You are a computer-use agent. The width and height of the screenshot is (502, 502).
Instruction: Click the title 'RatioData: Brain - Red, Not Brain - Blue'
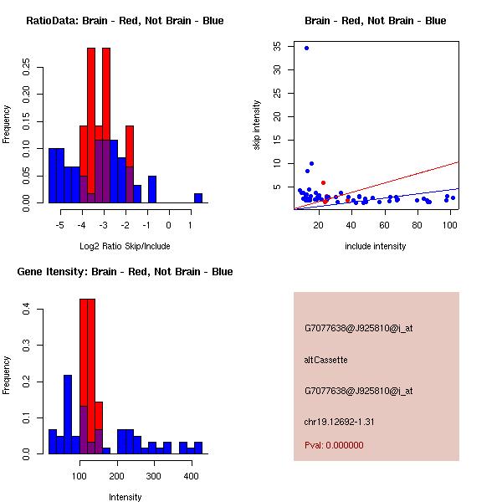(x=125, y=21)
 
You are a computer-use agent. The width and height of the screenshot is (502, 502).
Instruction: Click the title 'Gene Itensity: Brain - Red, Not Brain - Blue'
(x=125, y=272)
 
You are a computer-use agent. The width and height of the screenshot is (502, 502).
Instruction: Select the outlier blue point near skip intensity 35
(x=306, y=49)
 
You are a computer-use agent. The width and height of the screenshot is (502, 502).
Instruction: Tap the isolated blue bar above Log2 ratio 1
(x=198, y=198)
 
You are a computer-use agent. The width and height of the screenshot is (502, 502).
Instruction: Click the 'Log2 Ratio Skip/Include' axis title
(x=125, y=246)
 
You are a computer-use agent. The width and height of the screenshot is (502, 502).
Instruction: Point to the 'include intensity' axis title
(x=376, y=246)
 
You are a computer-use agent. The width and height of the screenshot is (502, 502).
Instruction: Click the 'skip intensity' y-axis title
(x=258, y=125)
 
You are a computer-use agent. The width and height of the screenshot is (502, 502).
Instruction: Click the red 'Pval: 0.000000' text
(x=334, y=445)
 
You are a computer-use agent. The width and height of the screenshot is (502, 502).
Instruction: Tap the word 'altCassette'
(x=325, y=360)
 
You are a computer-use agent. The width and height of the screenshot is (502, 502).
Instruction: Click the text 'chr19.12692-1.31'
(x=339, y=422)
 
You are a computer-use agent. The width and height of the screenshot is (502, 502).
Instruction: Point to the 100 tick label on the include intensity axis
(x=450, y=225)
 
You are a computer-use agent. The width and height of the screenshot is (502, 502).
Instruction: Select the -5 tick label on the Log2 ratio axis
(x=59, y=225)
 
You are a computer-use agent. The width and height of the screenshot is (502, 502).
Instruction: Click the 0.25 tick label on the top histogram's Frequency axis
(x=27, y=66)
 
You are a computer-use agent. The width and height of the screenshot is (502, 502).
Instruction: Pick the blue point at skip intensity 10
(x=311, y=164)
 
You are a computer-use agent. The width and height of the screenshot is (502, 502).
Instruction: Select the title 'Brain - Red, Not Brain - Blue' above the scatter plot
(x=376, y=21)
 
